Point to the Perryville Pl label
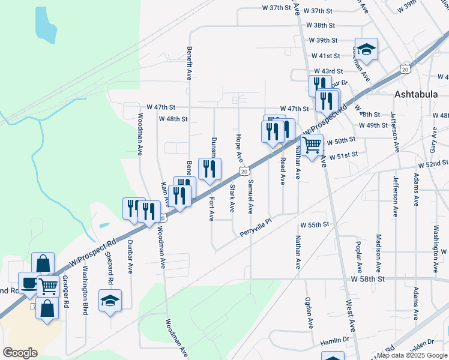tap(256, 225)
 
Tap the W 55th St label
tap(315, 224)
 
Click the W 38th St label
tap(320, 26)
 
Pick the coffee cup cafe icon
tap(28, 282)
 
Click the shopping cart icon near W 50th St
tap(312, 145)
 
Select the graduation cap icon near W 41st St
tap(366, 49)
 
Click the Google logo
tap(20, 353)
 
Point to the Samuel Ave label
tap(250, 196)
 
